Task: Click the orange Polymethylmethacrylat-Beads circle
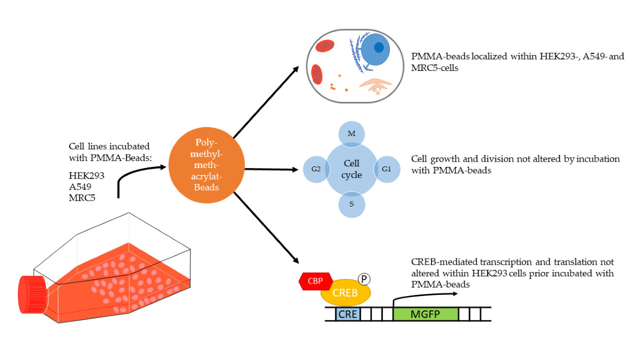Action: point(202,167)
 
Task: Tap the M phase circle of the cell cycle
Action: point(351,134)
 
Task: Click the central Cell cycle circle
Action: point(351,169)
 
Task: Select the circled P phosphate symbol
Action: point(364,279)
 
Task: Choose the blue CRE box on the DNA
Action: point(348,314)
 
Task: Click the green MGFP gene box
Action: point(425,314)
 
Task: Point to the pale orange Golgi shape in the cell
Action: point(375,84)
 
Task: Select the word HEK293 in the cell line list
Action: point(87,175)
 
